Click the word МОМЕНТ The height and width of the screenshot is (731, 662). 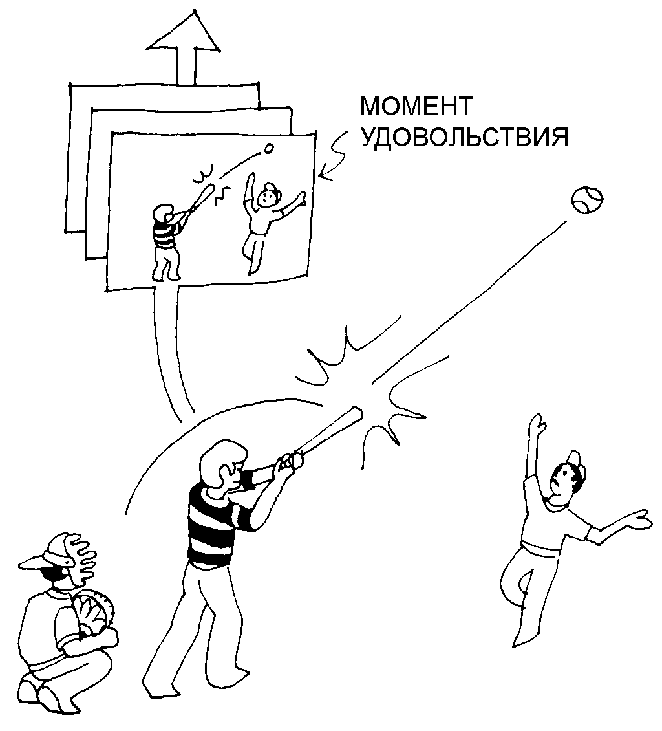(x=416, y=106)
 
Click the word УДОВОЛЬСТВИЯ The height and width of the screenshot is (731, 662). (x=464, y=137)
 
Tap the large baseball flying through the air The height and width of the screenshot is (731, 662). (x=587, y=200)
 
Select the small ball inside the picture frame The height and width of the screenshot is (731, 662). (x=268, y=149)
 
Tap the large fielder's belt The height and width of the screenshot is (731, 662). (x=540, y=549)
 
